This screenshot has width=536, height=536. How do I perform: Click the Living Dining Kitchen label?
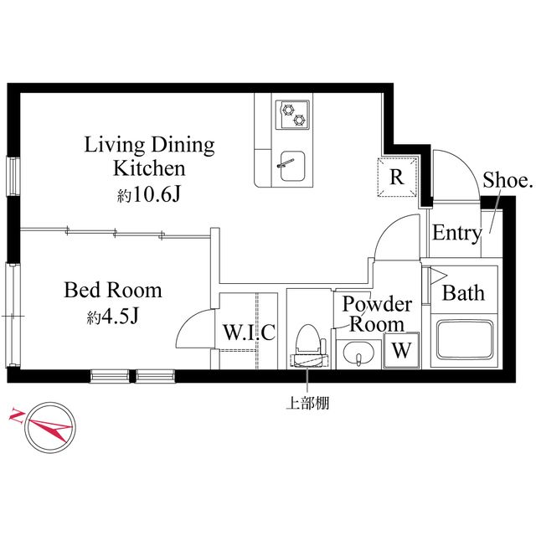point(150,156)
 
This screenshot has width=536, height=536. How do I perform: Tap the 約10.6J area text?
point(150,196)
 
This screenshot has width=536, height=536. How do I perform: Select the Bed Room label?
point(113,291)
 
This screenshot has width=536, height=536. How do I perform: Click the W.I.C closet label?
point(249,332)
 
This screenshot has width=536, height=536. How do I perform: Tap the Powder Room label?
point(377,312)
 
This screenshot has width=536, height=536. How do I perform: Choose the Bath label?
point(463,293)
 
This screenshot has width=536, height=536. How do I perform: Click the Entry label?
point(456,234)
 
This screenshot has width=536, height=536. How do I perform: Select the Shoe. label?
point(508,180)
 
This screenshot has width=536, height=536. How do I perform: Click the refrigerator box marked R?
point(398,177)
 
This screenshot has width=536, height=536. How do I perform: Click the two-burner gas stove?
point(293,113)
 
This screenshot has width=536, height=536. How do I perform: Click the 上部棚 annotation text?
point(307,403)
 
